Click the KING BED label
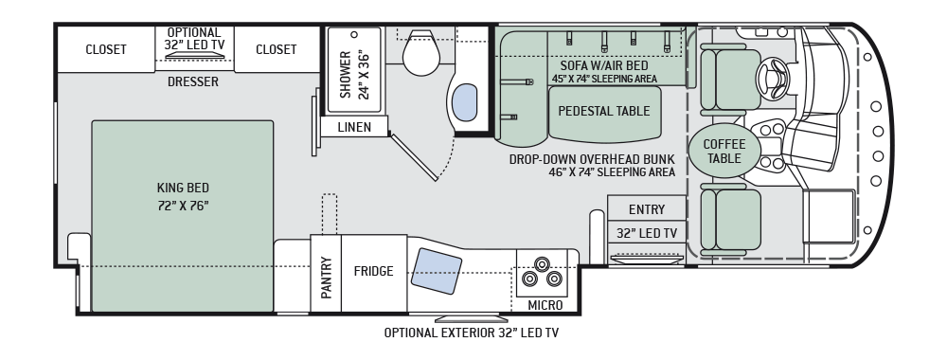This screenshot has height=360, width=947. click(184, 196)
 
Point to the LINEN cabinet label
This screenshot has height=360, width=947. click(353, 127)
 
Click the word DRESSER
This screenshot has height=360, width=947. click(193, 82)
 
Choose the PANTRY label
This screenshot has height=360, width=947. click(326, 279)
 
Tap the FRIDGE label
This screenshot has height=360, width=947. click(373, 272)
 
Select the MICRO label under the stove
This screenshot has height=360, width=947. click(545, 305)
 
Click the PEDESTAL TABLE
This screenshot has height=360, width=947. click(603, 111)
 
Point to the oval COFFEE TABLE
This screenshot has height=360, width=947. click(724, 152)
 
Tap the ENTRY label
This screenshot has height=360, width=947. click(646, 209)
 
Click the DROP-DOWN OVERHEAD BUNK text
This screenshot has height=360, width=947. click(591, 159)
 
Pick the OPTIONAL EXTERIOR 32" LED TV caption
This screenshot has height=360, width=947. click(471, 333)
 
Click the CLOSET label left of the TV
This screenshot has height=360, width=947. click(106, 49)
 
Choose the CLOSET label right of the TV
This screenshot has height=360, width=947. click(276, 49)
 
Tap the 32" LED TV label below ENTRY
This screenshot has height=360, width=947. click(646, 233)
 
